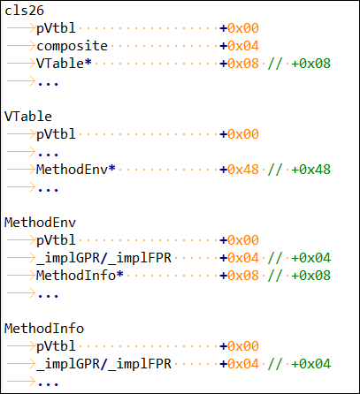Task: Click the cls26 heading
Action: pyautogui.click(x=24, y=11)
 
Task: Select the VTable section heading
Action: pyautogui.click(x=28, y=117)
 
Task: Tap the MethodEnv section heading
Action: pyautogui.click(x=40, y=223)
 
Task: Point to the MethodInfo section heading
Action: pyautogui.click(x=44, y=329)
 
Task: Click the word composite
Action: pyautogui.click(x=72, y=46)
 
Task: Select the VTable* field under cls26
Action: pyautogui.click(x=64, y=64)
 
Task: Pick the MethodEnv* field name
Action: pyautogui.click(x=76, y=170)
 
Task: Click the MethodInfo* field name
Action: pyautogui.click(x=80, y=276)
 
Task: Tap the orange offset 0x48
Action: pyautogui.click(x=243, y=170)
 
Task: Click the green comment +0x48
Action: pyautogui.click(x=310, y=170)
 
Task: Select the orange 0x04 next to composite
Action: pyautogui.click(x=243, y=46)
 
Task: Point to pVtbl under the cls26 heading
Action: pyautogui.click(x=56, y=29)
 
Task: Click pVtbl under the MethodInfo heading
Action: pyautogui.click(x=56, y=347)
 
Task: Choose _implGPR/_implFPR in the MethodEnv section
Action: pyautogui.click(x=103, y=258)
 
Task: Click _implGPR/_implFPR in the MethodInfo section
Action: pyautogui.click(x=103, y=364)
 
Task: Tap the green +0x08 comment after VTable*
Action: pyautogui.click(x=310, y=64)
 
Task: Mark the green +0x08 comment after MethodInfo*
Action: pyautogui.click(x=310, y=276)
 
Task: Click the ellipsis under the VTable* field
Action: pyautogui.click(x=48, y=84)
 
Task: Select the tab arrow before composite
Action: pyautogui.click(x=20, y=46)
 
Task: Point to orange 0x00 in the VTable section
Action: pyautogui.click(x=243, y=134)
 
